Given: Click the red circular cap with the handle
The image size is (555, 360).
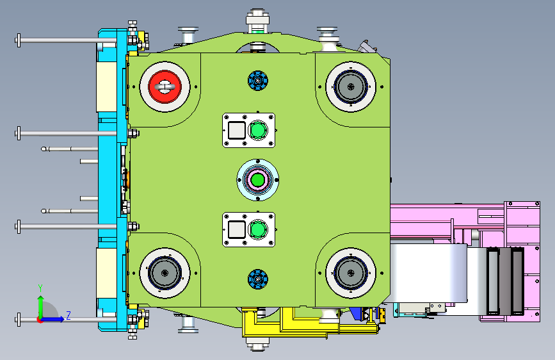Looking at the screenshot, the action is point(165,86).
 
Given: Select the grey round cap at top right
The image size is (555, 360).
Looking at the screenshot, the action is point(351,86).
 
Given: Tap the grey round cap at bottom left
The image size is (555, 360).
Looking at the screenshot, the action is point(165,273).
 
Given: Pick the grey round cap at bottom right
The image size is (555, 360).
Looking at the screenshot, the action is point(351,273).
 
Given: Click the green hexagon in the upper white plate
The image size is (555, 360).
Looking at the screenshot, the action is point(258,131).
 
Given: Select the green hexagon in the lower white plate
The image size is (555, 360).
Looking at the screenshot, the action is point(258,229).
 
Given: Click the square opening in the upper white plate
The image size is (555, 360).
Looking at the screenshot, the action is point(237,131).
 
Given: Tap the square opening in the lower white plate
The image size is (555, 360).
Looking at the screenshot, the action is point(237,229).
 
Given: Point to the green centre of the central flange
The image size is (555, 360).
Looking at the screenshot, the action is point(258,179).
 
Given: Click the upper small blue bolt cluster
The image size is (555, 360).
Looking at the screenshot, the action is point(258,81).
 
